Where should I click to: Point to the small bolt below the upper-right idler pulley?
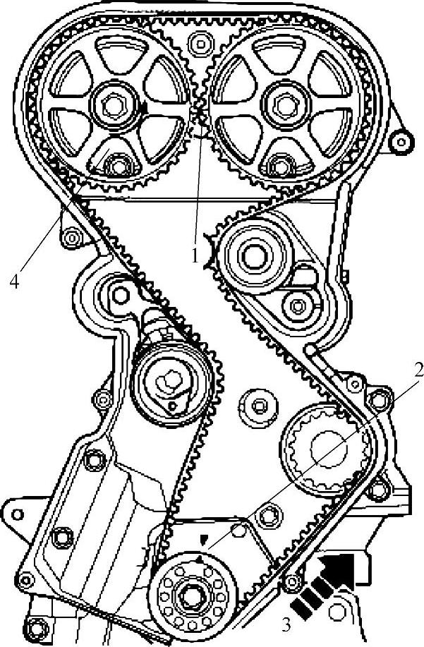tap(297, 306)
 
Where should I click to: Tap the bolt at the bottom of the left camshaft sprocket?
tap(113, 167)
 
